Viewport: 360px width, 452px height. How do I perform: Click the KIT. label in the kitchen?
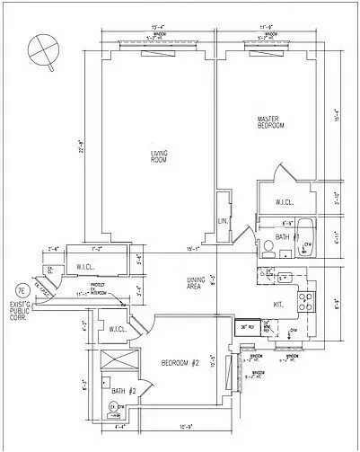click(x=278, y=304)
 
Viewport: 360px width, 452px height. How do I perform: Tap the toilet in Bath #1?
click(x=268, y=246)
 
